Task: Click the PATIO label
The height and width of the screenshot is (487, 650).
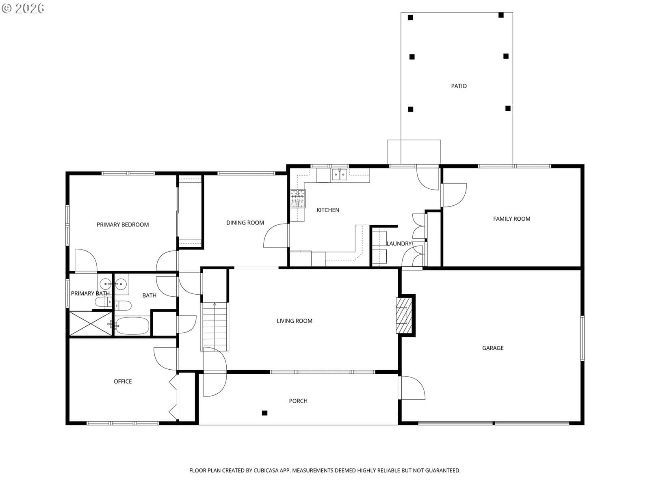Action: (x=458, y=86)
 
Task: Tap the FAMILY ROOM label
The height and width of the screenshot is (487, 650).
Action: (x=511, y=219)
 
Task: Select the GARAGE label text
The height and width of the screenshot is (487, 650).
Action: (x=492, y=348)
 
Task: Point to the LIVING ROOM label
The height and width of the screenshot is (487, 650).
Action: (x=294, y=321)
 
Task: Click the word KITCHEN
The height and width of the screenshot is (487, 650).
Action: (x=327, y=210)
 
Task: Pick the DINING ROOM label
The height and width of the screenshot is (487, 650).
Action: (x=245, y=223)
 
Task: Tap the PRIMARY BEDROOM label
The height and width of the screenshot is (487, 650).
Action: (x=123, y=225)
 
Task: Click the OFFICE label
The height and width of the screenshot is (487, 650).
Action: (x=123, y=381)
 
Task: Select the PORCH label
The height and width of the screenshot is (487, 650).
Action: (x=298, y=401)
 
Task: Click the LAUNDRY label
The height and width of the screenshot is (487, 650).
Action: (x=399, y=243)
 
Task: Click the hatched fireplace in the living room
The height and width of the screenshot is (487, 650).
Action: (x=404, y=315)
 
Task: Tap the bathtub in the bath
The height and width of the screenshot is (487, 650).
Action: (x=132, y=325)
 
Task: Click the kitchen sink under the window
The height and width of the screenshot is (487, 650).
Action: (x=339, y=175)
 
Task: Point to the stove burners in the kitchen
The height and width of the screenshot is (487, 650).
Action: (x=298, y=199)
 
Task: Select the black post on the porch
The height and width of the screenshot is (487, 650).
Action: (x=264, y=413)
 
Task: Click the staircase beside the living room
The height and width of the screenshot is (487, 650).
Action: (x=214, y=326)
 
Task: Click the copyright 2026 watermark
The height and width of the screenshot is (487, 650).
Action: (x=23, y=9)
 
